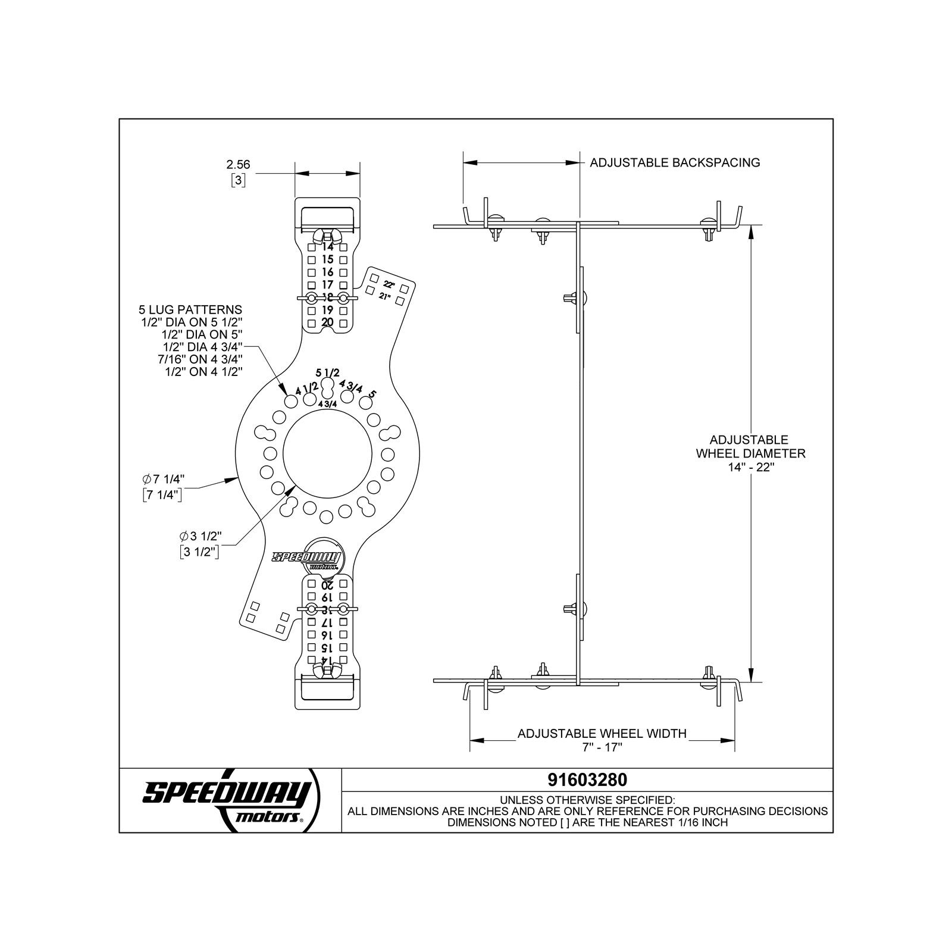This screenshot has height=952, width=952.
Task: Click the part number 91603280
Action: tap(587, 779)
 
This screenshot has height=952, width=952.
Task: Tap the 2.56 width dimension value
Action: tap(238, 164)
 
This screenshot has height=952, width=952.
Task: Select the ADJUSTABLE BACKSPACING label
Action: tap(675, 162)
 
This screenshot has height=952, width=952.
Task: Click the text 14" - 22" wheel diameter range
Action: tap(750, 467)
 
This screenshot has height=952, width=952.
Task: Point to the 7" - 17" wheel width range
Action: tap(602, 747)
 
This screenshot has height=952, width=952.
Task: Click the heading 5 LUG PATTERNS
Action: tap(190, 309)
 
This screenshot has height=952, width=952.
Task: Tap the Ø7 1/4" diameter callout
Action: tap(164, 479)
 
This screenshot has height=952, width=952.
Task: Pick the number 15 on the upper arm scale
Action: tap(327, 259)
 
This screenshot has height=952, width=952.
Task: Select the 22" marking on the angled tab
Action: tap(389, 284)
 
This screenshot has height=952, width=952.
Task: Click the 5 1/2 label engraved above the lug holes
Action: tap(327, 373)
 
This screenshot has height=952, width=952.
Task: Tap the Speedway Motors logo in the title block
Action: tap(229, 800)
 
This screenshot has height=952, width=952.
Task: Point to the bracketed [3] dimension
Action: tap(238, 180)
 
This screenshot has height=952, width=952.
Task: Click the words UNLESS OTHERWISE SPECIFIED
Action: tap(587, 800)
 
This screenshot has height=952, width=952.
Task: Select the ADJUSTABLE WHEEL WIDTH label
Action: tap(602, 734)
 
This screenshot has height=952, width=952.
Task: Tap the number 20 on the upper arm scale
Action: tap(327, 322)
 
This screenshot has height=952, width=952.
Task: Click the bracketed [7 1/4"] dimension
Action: tap(162, 494)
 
